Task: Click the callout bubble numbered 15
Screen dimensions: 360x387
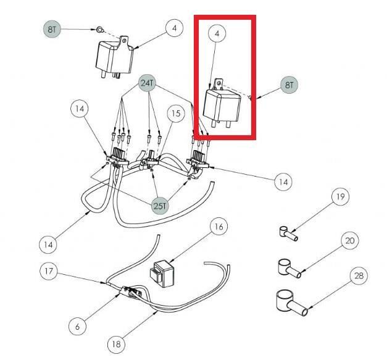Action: (176, 114)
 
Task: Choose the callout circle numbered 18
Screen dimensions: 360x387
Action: (116, 344)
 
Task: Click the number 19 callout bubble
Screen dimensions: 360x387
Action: (339, 198)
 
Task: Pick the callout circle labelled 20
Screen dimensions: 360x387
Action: (349, 240)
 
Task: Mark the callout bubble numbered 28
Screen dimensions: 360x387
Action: (359, 276)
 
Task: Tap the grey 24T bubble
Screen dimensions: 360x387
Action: (147, 83)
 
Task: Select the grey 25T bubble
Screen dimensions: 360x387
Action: (159, 206)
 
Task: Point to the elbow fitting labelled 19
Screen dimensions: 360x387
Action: (285, 233)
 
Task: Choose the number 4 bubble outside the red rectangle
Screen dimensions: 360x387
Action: (175, 28)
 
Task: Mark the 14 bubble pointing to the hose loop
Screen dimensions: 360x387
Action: (48, 244)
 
